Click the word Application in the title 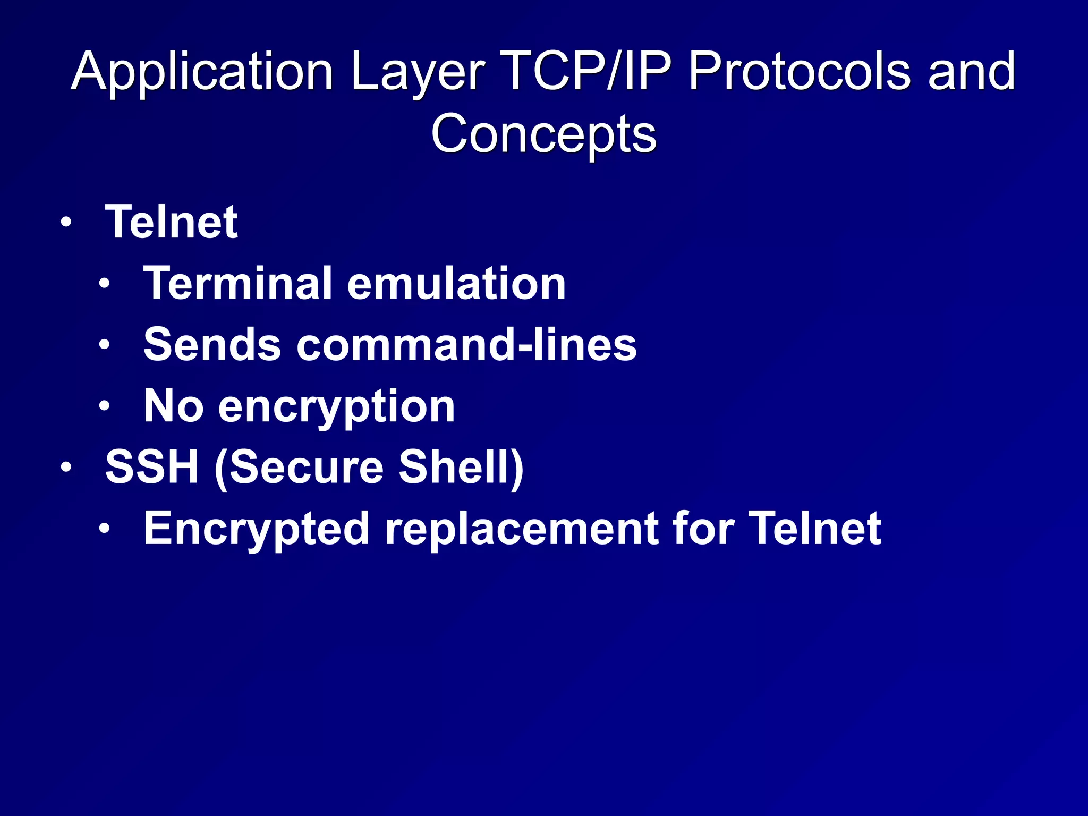[202, 72]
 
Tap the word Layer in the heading [417, 72]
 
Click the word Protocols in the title [799, 72]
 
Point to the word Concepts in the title [543, 134]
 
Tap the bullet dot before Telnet [65, 223]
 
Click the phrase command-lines [466, 345]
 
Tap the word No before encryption [174, 406]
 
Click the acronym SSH [152, 467]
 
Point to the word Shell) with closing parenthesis [461, 467]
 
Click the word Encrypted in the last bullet [257, 529]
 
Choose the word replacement [520, 529]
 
